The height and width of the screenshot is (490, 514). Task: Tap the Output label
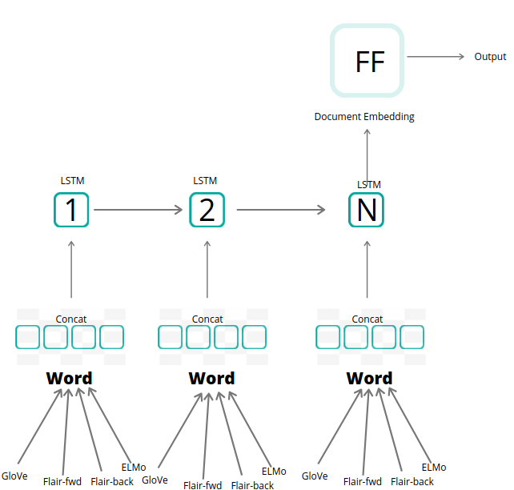(x=490, y=57)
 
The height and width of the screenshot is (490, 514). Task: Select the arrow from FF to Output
(x=436, y=57)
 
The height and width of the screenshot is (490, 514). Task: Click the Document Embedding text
(x=364, y=117)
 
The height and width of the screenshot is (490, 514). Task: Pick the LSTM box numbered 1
(x=71, y=210)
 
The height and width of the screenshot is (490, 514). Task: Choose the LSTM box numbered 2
(x=207, y=210)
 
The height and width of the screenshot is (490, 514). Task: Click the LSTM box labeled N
(x=366, y=210)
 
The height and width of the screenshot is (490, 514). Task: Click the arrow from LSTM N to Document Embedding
(x=367, y=156)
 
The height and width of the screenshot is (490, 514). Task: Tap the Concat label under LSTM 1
(x=71, y=319)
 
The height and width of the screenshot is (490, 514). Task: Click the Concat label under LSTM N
(x=367, y=319)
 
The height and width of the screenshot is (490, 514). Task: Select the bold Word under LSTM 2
(x=211, y=378)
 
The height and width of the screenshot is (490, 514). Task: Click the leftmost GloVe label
(x=14, y=476)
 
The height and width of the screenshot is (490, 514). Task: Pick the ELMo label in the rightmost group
(x=433, y=468)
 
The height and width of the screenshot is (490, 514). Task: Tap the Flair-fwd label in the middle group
(x=203, y=485)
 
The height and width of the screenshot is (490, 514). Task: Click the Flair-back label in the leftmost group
(x=112, y=482)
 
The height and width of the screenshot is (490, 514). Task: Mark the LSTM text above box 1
(x=72, y=181)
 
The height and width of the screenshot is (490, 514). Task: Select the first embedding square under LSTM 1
(x=28, y=337)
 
